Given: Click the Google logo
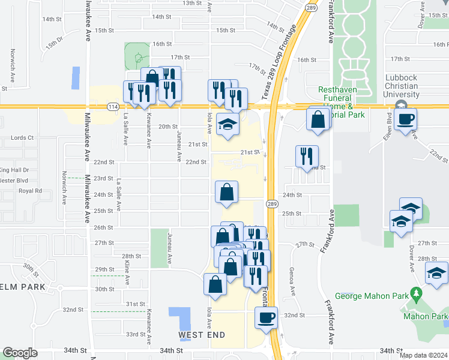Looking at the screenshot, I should [20, 353].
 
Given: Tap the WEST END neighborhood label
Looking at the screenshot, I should [202, 334].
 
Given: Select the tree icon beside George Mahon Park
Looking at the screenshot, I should [416, 295].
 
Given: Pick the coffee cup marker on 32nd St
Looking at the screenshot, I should [265, 317].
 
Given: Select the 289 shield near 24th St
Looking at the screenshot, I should [272, 203].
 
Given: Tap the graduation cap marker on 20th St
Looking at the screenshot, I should [228, 125].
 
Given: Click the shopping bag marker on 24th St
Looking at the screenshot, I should [228, 193].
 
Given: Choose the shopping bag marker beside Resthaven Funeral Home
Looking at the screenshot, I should [318, 119].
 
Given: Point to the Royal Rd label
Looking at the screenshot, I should [30, 191].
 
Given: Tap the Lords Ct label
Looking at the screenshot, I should [22, 137].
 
